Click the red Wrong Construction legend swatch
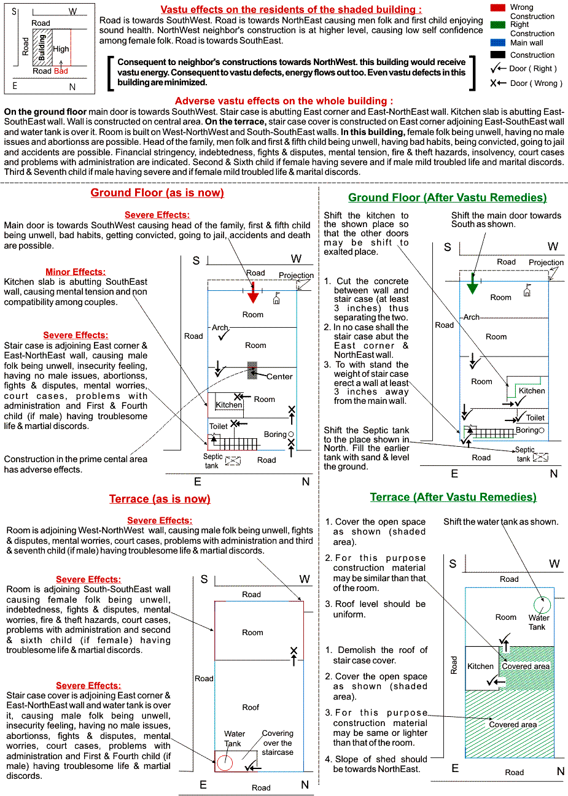[497, 7]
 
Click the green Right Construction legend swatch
[497, 25]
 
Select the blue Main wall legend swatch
[497, 42]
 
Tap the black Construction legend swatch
[497, 55]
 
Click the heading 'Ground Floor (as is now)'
[157, 193]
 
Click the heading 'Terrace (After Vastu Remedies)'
[453, 497]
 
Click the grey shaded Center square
[252, 370]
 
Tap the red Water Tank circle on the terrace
[225, 762]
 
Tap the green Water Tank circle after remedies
[542, 605]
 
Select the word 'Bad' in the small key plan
[61, 71]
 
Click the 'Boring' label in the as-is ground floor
[275, 435]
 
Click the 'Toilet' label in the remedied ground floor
[535, 418]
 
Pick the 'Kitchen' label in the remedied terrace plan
[480, 666]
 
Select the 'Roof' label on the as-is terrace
[251, 708]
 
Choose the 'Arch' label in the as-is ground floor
[220, 328]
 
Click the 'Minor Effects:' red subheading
[75, 272]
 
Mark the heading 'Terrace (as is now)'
[160, 499]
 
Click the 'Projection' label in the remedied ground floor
[546, 263]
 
